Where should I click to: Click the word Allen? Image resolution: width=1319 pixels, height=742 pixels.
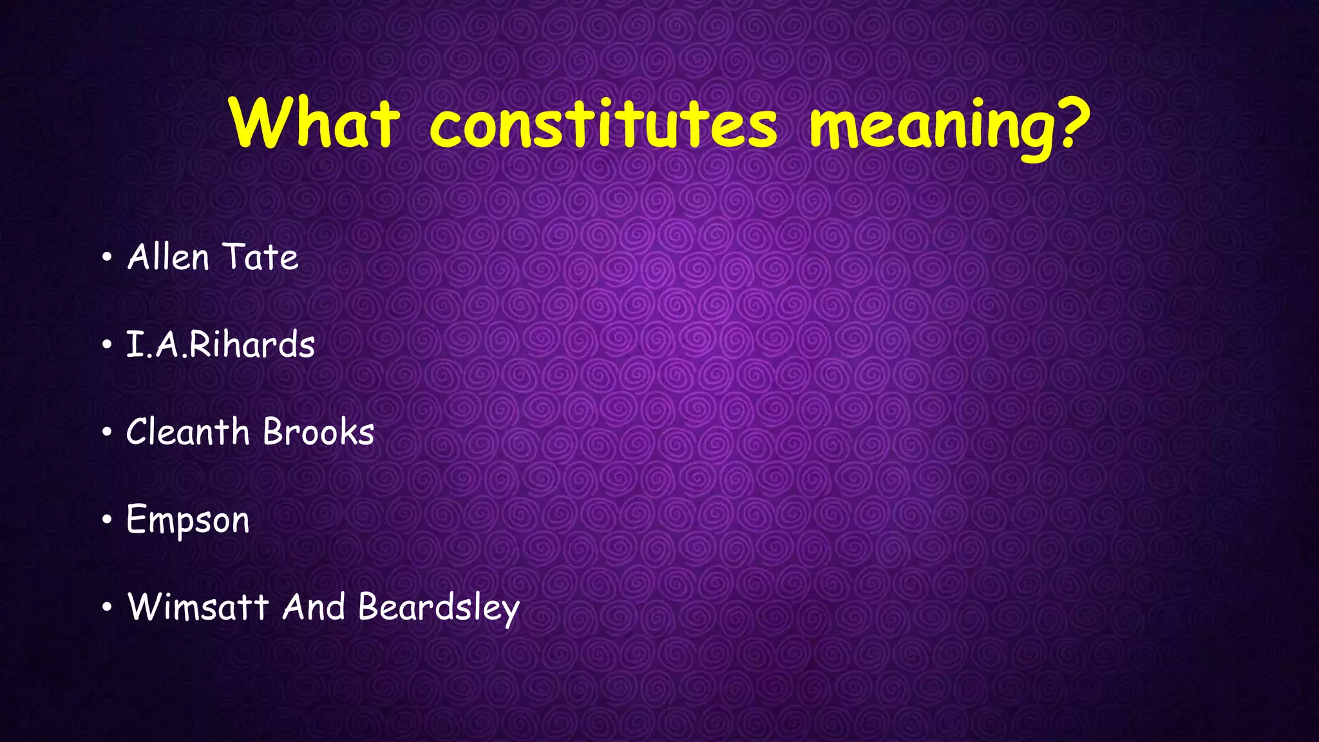pos(168,257)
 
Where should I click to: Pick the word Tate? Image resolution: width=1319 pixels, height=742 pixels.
pos(261,257)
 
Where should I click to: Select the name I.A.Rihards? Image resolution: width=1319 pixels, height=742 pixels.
pos(220,345)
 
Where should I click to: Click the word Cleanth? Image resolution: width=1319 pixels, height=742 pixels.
pos(187,432)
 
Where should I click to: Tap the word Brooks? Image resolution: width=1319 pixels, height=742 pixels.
pos(319,432)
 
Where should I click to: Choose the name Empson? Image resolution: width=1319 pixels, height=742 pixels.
pos(187,520)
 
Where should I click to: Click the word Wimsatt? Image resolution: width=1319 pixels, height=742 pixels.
pos(198,607)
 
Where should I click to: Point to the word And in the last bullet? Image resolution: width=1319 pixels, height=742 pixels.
pos(313,607)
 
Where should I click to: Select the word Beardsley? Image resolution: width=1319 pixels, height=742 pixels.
pos(439,608)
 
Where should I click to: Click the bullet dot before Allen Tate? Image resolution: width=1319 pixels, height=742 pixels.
pos(107,259)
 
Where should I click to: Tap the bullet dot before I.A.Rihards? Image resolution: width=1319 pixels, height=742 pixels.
pos(107,346)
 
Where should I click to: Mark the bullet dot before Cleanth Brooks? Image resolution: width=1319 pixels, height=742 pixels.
pos(107,433)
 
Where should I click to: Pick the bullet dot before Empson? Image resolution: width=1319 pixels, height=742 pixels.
pos(107,520)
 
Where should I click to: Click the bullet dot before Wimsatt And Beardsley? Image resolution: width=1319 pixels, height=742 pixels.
pos(107,607)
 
